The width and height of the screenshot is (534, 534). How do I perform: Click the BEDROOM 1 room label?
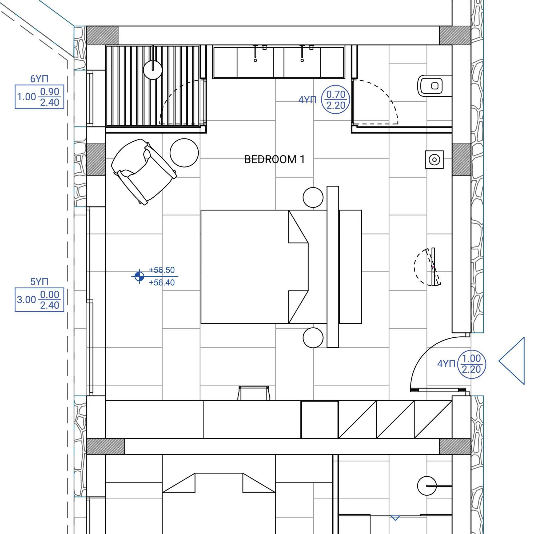pos(274,160)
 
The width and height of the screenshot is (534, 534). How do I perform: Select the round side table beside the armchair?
pos(184,153)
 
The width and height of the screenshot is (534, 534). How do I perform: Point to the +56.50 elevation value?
pos(162,270)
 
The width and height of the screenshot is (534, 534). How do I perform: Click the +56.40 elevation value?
pos(162,283)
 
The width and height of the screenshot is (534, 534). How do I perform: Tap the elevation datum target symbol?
pos(139,276)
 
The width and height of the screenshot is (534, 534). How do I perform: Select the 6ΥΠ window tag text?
pos(39,79)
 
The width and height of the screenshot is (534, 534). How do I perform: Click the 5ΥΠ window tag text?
pos(39,282)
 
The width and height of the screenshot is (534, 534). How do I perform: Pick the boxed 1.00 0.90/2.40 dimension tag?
pos(39,97)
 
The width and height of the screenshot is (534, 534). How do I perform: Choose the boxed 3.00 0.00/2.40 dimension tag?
pos(39,300)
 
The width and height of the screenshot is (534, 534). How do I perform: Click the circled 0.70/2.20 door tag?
pos(336,99)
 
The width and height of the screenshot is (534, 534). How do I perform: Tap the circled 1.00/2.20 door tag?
pos(471,364)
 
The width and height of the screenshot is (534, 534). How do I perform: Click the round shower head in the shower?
pos(153,70)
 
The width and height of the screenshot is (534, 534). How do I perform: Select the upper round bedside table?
pos(313,197)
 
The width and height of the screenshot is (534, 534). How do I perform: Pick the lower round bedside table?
pos(313,338)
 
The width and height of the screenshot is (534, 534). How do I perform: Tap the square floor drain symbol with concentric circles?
pos(435,160)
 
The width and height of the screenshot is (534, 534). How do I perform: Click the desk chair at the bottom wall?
pos(254,393)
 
